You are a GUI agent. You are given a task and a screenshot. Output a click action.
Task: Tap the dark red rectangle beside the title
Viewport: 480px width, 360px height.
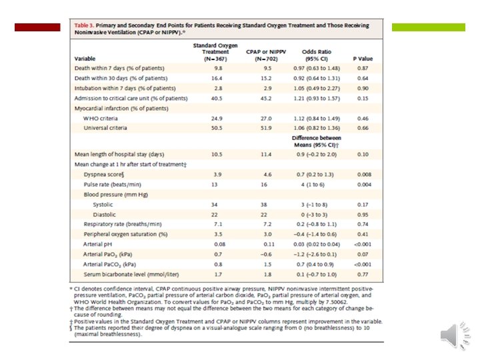37,27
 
